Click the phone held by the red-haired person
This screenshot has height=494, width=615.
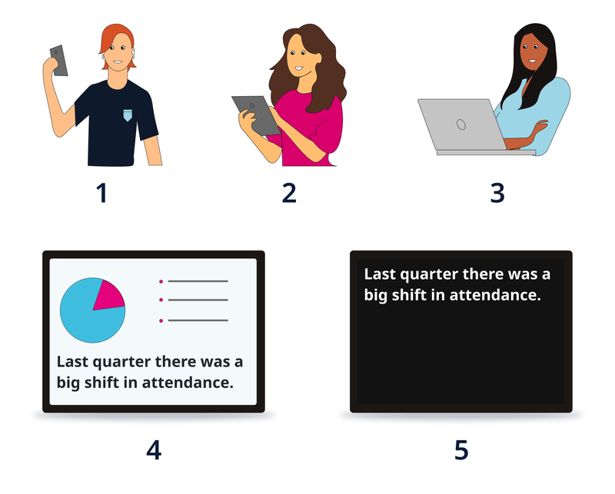point(58,60)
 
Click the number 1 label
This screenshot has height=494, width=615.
point(101,193)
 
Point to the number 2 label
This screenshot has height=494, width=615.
point(289,193)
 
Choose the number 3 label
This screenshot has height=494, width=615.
point(497,193)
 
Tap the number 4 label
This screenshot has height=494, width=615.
point(154,449)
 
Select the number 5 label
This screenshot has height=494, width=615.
point(460,449)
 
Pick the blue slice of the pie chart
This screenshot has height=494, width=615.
point(85,319)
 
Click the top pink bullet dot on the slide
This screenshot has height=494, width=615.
point(161,282)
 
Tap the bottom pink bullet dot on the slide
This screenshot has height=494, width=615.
point(161,320)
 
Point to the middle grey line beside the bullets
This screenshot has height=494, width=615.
point(198,300)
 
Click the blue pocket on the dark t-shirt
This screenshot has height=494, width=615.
point(127,115)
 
